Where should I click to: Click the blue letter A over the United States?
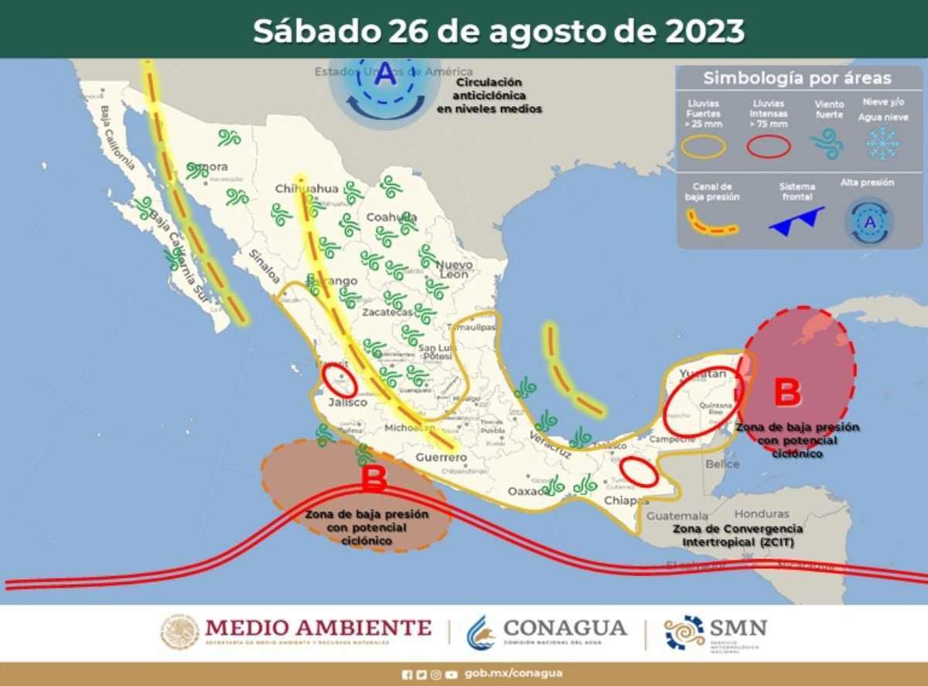click(x=385, y=76)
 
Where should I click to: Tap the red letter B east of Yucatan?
click(x=787, y=392)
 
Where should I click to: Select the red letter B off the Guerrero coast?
click(x=374, y=480)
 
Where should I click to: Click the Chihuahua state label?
click(x=307, y=189)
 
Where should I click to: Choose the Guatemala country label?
click(x=677, y=515)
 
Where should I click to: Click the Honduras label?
click(x=761, y=514)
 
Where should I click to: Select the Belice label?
click(x=722, y=464)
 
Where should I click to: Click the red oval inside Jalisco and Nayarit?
click(x=339, y=381)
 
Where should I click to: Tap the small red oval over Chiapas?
click(x=640, y=472)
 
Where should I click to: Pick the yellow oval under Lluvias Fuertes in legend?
click(x=704, y=146)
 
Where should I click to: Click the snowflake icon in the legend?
click(x=882, y=144)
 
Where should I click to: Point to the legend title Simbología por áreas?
click(x=797, y=78)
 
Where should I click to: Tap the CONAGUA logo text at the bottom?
click(x=565, y=627)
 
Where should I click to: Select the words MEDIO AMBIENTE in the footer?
click(x=317, y=626)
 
